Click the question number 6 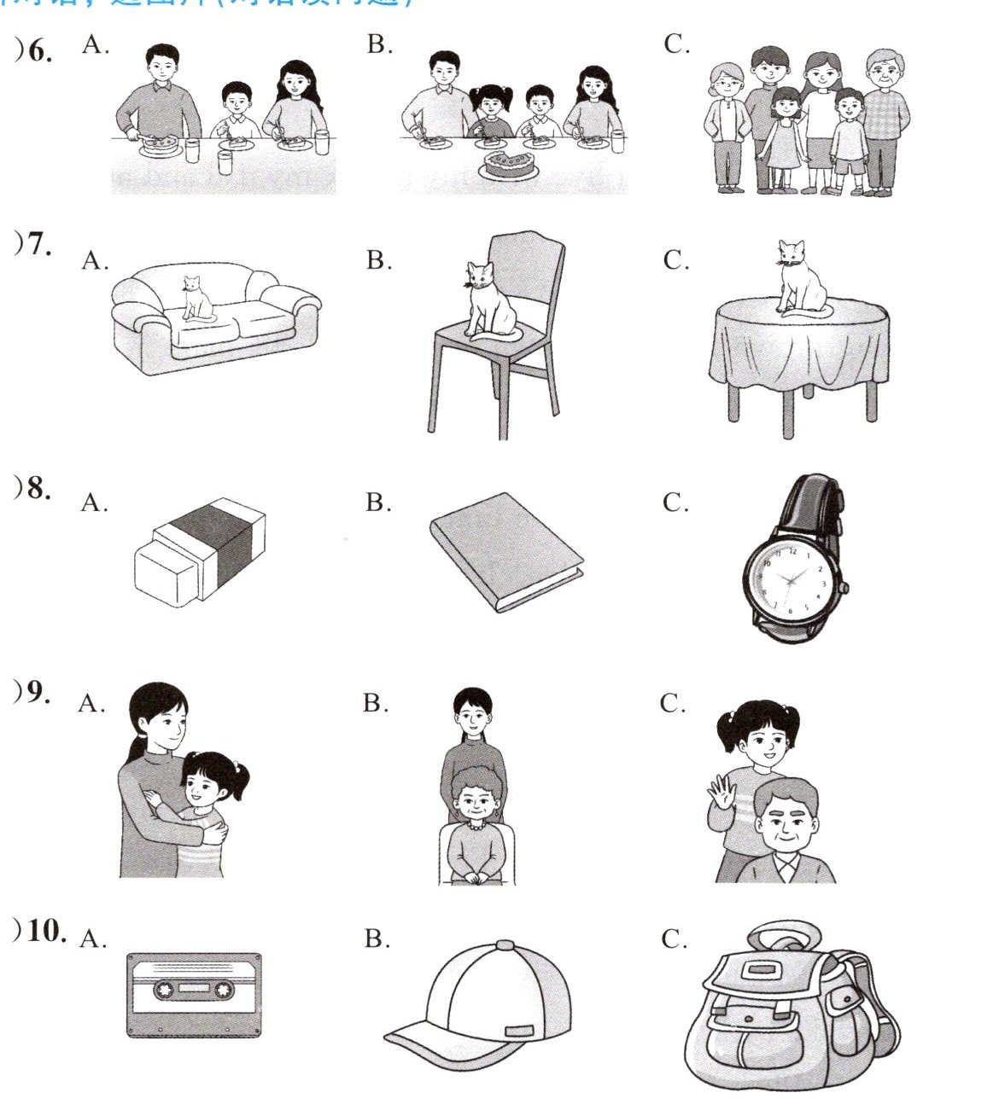pyautogui.click(x=39, y=51)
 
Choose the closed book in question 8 pyautogui.click(x=505, y=551)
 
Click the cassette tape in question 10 pyautogui.click(x=194, y=995)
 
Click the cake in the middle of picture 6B pyautogui.click(x=508, y=163)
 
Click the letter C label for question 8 pyautogui.click(x=675, y=503)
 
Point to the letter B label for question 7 pyautogui.click(x=378, y=260)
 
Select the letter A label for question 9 pyautogui.click(x=91, y=705)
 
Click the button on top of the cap pyautogui.click(x=505, y=945)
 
